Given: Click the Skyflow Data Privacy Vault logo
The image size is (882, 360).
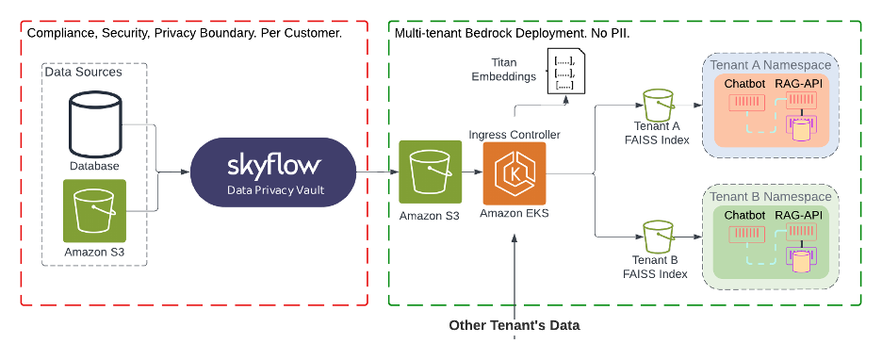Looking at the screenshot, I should tap(273, 173).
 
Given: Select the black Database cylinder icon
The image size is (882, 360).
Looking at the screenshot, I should tap(94, 123).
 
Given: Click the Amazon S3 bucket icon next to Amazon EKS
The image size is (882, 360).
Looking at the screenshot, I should tap(430, 172).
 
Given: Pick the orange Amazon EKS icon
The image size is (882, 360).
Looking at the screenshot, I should tap(514, 173).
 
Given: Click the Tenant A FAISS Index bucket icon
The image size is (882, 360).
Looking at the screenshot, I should tap(657, 106).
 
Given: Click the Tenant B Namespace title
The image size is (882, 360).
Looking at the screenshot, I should tap(770, 196).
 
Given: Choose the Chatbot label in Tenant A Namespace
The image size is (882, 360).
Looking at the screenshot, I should tap(745, 85).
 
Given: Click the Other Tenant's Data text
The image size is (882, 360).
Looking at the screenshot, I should tap(514, 326).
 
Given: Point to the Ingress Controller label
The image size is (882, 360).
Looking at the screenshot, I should tap(514, 135).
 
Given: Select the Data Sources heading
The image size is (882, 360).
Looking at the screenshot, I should tap(83, 72).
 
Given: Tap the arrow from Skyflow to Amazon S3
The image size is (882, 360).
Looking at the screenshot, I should tap(375, 172).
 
